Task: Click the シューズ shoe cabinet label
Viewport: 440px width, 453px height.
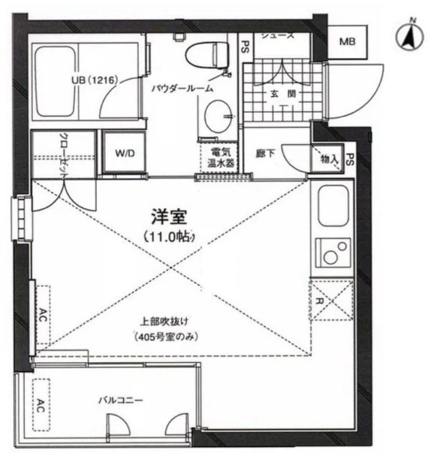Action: point(276,34)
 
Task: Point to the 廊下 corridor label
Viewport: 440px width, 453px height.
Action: point(265,153)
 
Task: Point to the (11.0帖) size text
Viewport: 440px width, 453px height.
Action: point(170,237)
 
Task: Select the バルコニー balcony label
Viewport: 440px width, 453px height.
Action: point(120,400)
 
